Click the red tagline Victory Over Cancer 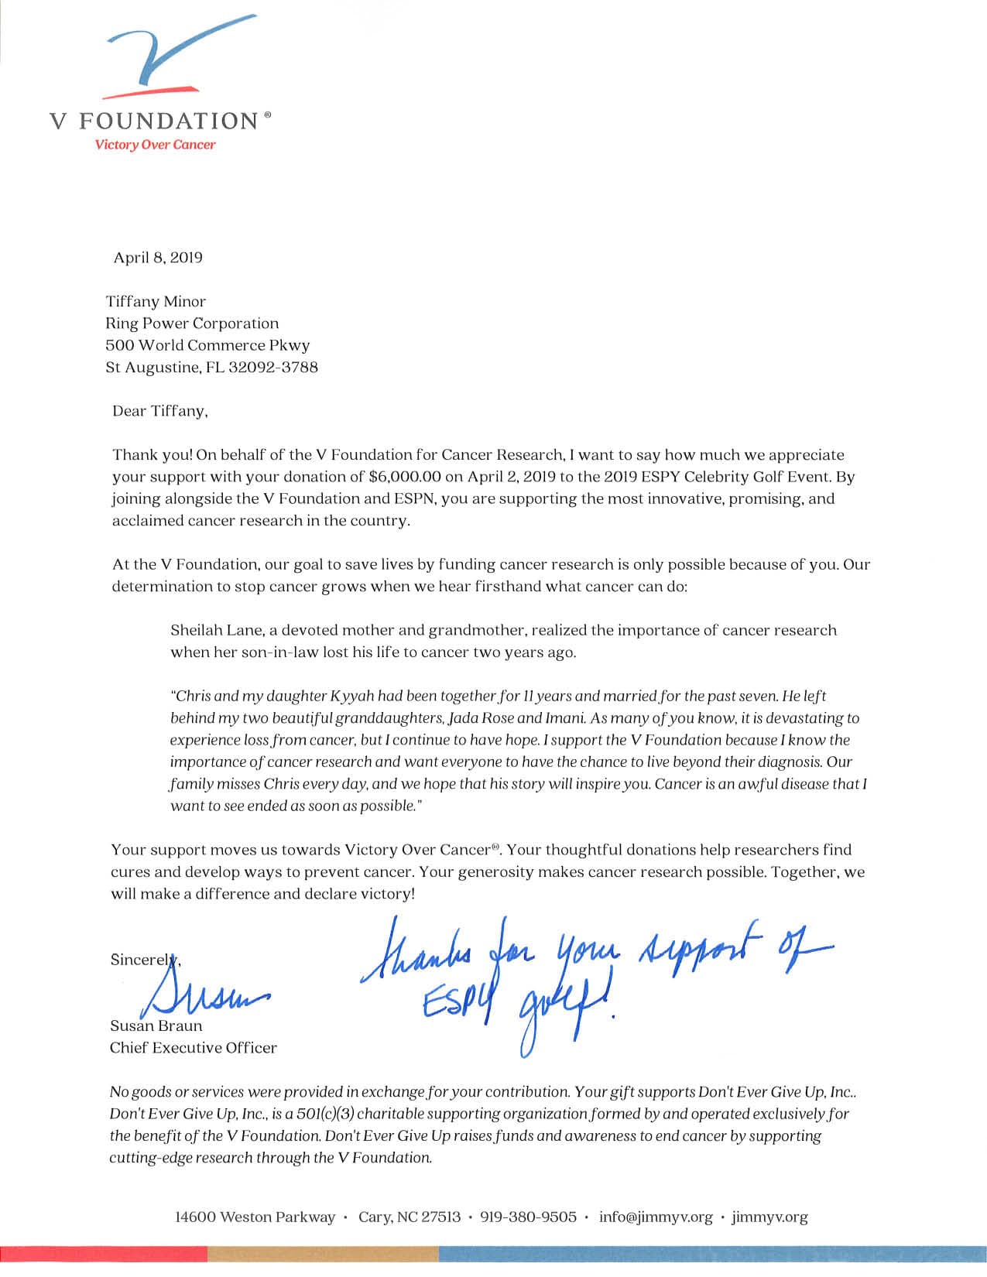coord(155,145)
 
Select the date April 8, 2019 coord(158,258)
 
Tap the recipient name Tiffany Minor coord(156,301)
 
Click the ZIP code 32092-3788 coord(273,367)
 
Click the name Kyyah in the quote coord(355,696)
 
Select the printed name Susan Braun coord(156,1026)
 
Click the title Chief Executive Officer coord(193,1048)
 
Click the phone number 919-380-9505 coord(529,1217)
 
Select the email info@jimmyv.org coord(656,1217)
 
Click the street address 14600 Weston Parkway coord(255,1217)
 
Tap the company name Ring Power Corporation coord(192,323)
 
